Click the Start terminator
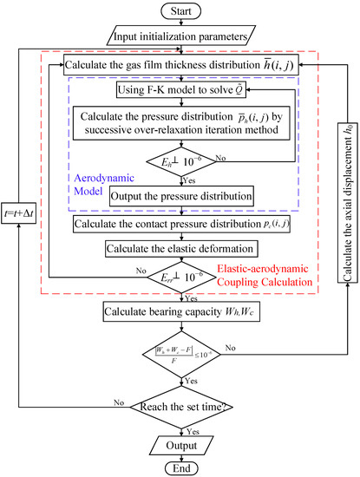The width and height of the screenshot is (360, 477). coord(180,11)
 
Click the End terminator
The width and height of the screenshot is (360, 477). coord(180,466)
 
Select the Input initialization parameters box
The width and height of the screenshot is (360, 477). coord(180,36)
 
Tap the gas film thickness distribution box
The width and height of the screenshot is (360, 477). coord(180,64)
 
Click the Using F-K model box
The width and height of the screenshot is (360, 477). coord(180,90)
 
